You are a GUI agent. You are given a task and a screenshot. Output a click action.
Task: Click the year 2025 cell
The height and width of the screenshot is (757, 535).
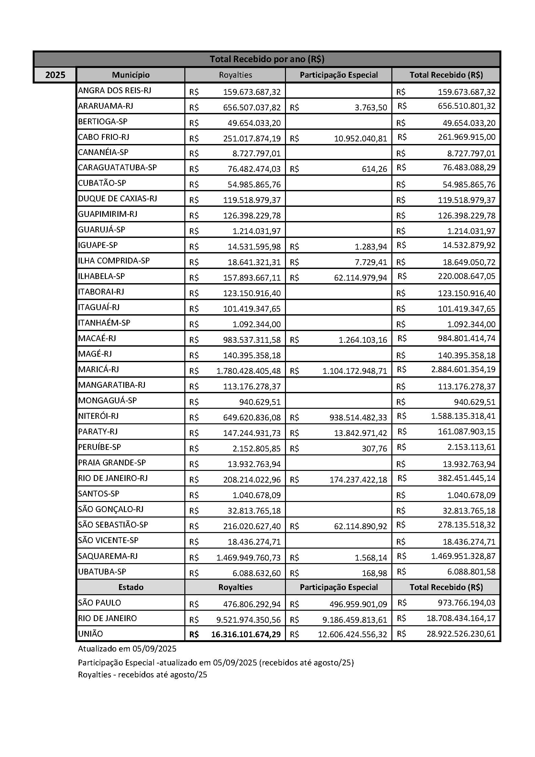(x=55, y=75)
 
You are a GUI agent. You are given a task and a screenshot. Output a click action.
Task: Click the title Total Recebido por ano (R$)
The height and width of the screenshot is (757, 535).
(x=267, y=59)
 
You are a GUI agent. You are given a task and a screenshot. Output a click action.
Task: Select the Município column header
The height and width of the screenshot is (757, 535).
(x=130, y=75)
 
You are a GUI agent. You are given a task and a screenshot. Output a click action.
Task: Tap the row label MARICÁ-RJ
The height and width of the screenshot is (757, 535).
(x=98, y=369)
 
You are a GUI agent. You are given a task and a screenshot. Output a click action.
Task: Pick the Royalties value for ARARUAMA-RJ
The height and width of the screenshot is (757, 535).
(x=252, y=107)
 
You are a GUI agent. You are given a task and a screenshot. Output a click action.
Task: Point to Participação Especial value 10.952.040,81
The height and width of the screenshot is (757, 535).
(x=360, y=139)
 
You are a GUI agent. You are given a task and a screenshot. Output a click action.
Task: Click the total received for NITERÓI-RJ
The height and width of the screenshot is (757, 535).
(x=463, y=416)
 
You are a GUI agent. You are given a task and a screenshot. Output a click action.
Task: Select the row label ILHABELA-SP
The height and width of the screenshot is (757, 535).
(x=102, y=276)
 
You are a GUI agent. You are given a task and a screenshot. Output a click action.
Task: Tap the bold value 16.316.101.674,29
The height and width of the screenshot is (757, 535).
(x=246, y=634)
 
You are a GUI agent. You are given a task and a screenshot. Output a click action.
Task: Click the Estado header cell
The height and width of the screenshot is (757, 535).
(x=130, y=587)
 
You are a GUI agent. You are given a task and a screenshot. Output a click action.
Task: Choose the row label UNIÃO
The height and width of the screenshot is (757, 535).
(x=91, y=634)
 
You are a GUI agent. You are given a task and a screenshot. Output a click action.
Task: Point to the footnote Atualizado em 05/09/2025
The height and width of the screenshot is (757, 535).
(x=127, y=649)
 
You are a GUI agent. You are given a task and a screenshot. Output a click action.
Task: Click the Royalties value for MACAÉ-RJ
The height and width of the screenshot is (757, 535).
(x=252, y=340)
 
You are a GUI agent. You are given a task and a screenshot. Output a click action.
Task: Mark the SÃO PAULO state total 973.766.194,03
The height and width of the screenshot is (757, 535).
(x=466, y=603)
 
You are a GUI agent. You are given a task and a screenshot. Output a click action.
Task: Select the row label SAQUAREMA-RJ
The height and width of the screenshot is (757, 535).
(x=108, y=556)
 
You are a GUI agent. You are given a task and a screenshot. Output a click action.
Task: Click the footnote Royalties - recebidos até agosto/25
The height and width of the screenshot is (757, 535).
(x=142, y=674)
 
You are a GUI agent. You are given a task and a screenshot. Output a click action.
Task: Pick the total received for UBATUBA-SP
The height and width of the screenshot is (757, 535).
(x=471, y=571)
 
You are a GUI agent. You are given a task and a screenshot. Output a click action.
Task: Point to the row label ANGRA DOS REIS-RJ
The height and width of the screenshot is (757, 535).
(x=114, y=90)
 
